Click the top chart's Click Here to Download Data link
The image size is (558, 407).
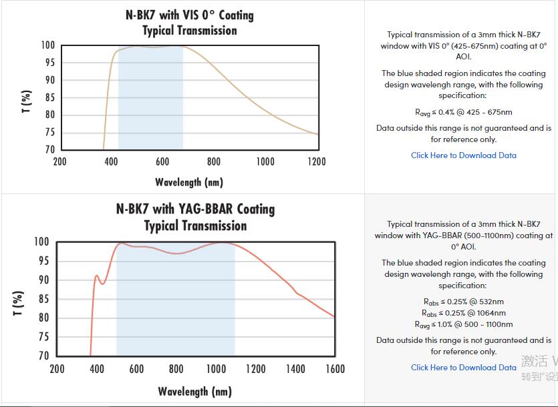pyautogui.click(x=463, y=155)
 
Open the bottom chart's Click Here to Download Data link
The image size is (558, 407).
pyautogui.click(x=463, y=368)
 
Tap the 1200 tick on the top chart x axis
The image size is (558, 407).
pyautogui.click(x=317, y=161)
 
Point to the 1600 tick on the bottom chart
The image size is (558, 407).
pyautogui.click(x=335, y=369)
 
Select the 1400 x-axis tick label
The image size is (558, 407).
pyautogui.click(x=295, y=369)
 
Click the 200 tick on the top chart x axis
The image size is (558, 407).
pyautogui.click(x=59, y=161)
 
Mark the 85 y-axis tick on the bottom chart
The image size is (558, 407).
pyautogui.click(x=42, y=299)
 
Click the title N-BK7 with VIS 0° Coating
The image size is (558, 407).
pyautogui.click(x=190, y=15)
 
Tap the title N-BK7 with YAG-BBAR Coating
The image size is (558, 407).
pyautogui.click(x=195, y=209)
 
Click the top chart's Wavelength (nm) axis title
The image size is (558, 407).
pyautogui.click(x=189, y=181)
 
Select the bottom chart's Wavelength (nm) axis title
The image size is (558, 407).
pyautogui.click(x=194, y=391)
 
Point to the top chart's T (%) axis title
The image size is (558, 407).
pyautogui.click(x=26, y=101)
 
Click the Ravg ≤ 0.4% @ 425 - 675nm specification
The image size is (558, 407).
pyautogui.click(x=464, y=112)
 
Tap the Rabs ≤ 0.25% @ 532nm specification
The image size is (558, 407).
pyautogui.click(x=464, y=302)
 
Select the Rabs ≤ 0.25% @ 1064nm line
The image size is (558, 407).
pyautogui.click(x=464, y=313)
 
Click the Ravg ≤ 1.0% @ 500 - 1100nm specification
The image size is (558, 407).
pyautogui.click(x=464, y=324)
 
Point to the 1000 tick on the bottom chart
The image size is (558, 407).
pyautogui.click(x=216, y=369)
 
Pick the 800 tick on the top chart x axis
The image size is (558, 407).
pyautogui.click(x=214, y=161)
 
